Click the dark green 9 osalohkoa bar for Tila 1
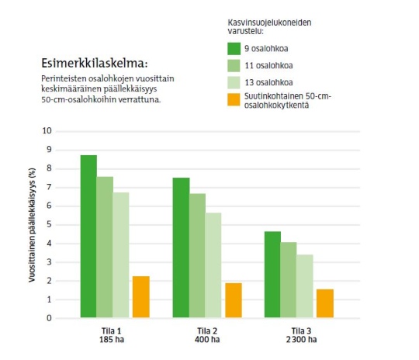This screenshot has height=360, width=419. [x=88, y=237]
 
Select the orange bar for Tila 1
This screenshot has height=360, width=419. [x=141, y=297]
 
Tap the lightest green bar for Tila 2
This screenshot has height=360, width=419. [x=213, y=265]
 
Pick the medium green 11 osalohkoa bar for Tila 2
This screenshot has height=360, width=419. [x=198, y=255]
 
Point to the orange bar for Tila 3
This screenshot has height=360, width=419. [x=325, y=303]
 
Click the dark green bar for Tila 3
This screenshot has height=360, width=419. [x=272, y=275]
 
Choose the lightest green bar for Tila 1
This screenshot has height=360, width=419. [x=121, y=255]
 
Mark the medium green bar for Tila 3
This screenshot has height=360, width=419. [x=289, y=280]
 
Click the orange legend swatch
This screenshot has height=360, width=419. [x=234, y=99]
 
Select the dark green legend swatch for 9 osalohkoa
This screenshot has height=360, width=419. [x=234, y=49]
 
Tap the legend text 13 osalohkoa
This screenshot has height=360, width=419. [x=268, y=82]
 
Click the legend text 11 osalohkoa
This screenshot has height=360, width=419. [x=268, y=65]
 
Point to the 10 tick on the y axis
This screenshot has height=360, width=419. [x=47, y=130]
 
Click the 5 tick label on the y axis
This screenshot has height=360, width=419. [x=49, y=224]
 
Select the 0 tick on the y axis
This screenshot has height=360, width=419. [x=49, y=318]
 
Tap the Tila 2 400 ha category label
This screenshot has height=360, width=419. [x=207, y=335]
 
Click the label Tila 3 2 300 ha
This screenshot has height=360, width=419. [x=301, y=335]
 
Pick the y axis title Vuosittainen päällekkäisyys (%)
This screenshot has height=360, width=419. [x=32, y=225]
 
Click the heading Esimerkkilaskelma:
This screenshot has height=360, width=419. [x=95, y=64]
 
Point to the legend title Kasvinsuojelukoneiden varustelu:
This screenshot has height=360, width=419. [x=269, y=26]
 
